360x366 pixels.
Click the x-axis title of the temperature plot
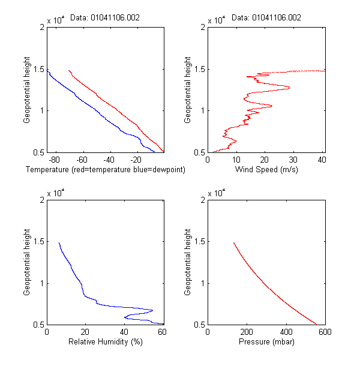106,170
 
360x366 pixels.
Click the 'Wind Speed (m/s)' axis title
266,170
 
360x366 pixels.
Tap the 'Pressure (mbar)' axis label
266,343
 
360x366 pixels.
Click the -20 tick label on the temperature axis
136,160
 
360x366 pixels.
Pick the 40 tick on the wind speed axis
322,160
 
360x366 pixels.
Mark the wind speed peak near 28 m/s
289,88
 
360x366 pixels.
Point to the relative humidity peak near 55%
152,310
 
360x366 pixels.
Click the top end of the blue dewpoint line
47,70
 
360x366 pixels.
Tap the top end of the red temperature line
69,70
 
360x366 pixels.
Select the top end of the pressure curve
233,243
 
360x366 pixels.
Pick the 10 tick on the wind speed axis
236,160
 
